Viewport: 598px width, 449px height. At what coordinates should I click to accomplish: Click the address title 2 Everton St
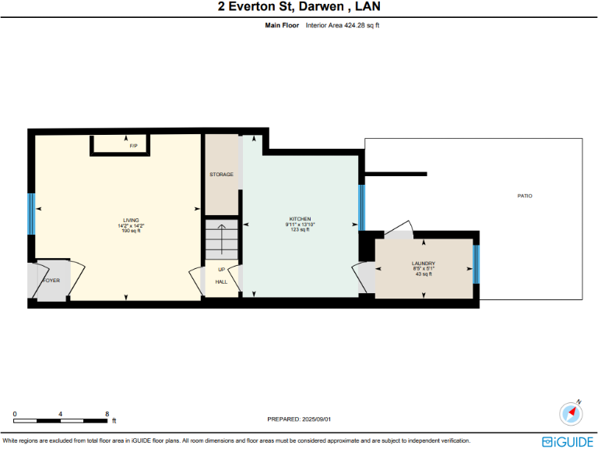click(299, 8)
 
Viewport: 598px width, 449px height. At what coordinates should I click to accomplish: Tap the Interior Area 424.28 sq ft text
click(342, 26)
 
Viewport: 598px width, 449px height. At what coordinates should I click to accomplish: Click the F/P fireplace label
click(133, 146)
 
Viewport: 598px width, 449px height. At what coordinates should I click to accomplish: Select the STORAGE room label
click(221, 175)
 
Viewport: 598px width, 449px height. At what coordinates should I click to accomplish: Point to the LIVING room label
click(131, 221)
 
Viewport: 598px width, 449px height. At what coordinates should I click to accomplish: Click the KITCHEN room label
click(300, 219)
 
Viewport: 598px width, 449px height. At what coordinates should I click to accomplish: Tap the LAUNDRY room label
click(424, 263)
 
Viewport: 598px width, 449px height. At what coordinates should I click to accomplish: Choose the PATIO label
click(525, 196)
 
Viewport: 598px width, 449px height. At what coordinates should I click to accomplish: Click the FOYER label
click(51, 281)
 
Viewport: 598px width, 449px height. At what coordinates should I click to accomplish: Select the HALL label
click(221, 281)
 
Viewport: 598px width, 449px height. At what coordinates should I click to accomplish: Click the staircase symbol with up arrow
click(221, 239)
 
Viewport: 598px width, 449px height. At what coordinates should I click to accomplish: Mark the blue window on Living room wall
click(31, 213)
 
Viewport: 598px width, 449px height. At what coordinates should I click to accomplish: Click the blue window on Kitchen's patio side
click(361, 207)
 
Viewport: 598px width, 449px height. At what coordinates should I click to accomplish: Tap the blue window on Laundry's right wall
click(477, 264)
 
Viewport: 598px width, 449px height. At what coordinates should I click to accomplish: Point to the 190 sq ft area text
click(131, 232)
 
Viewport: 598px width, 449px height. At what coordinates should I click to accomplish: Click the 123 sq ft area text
click(300, 230)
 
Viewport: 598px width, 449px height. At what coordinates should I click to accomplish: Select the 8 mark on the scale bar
click(107, 414)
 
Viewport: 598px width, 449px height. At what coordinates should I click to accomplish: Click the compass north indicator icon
click(572, 412)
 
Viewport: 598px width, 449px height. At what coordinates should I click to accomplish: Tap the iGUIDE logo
click(568, 441)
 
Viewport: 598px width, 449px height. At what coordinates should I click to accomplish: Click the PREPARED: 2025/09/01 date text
click(299, 419)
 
